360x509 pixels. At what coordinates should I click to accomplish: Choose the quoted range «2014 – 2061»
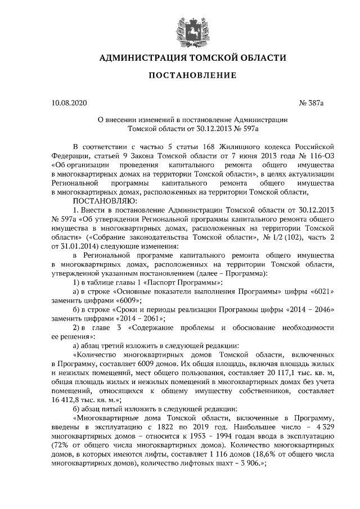(x=121, y=318)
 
